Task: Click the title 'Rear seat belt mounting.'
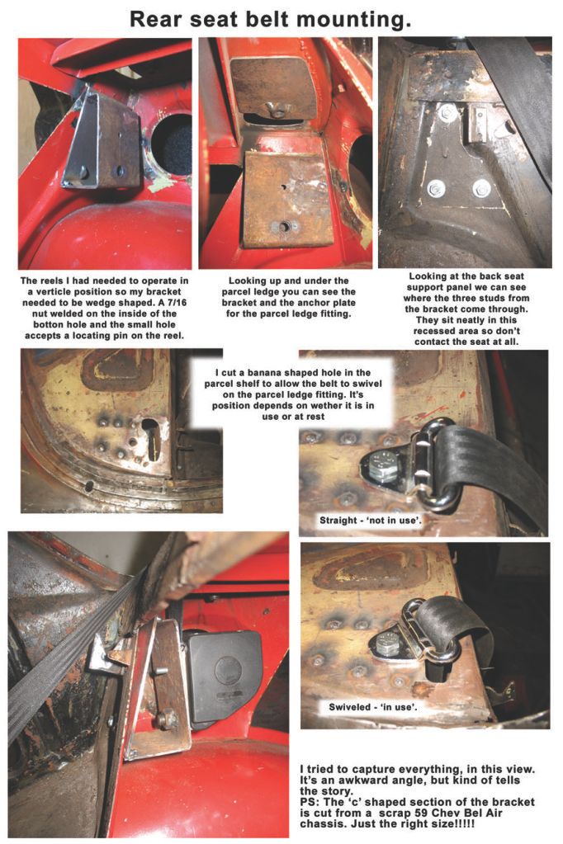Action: tap(271, 19)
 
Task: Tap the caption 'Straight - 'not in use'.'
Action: tap(371, 521)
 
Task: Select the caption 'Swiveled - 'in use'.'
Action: tap(373, 707)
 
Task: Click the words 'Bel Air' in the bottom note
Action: tap(483, 813)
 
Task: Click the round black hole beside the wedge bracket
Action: tap(172, 144)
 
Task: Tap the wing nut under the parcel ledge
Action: tap(277, 110)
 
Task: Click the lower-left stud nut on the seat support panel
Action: tap(435, 189)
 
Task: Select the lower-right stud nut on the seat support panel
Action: tap(480, 188)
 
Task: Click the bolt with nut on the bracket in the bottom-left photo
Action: tap(167, 718)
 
